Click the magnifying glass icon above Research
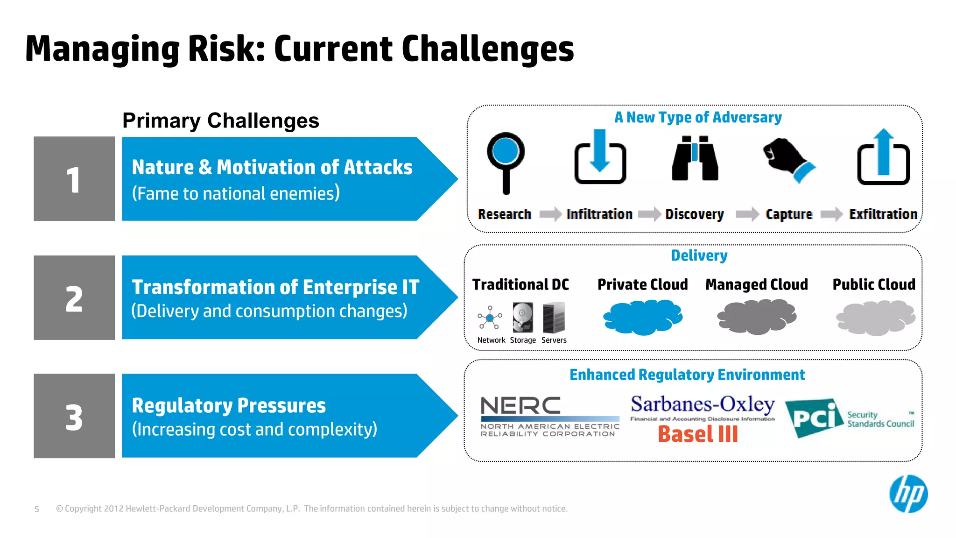pos(506,161)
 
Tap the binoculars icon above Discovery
pos(695,158)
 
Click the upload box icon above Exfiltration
pos(883,159)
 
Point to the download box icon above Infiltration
pos(600,159)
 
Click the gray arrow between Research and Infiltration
pos(550,214)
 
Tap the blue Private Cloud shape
pos(643,317)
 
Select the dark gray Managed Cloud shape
pos(757,317)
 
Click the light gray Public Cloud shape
pos(875,318)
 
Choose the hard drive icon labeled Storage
pos(523,318)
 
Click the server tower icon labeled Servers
pos(554,318)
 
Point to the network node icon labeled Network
pos(490,318)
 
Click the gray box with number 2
pos(74,297)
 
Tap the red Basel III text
pos(698,434)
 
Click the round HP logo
pos(908,494)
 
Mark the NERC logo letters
pos(520,405)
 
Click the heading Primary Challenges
pos(221,120)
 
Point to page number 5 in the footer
pos(37,509)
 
